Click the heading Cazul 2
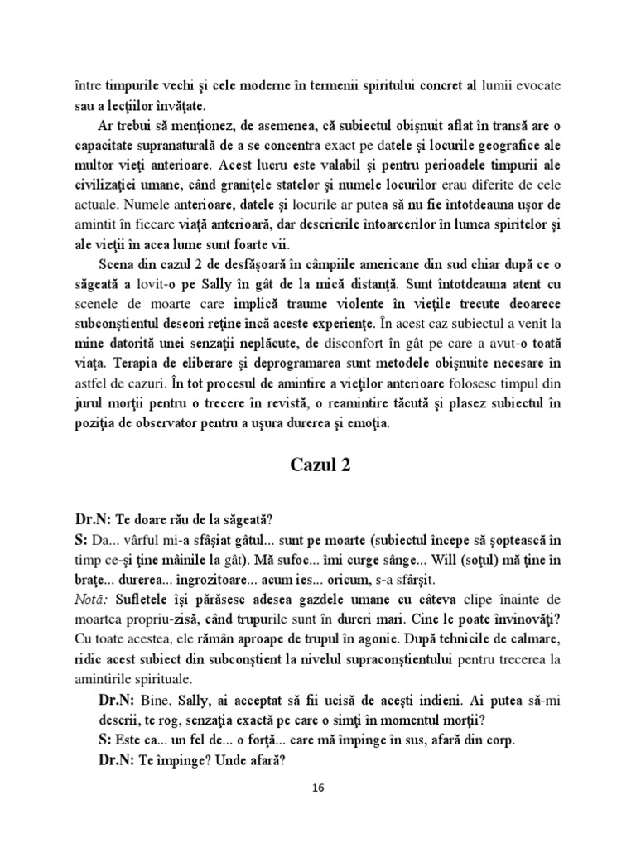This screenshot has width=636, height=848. tap(320, 465)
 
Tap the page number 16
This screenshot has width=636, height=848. tap(318, 788)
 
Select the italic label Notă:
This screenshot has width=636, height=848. tap(92, 599)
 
